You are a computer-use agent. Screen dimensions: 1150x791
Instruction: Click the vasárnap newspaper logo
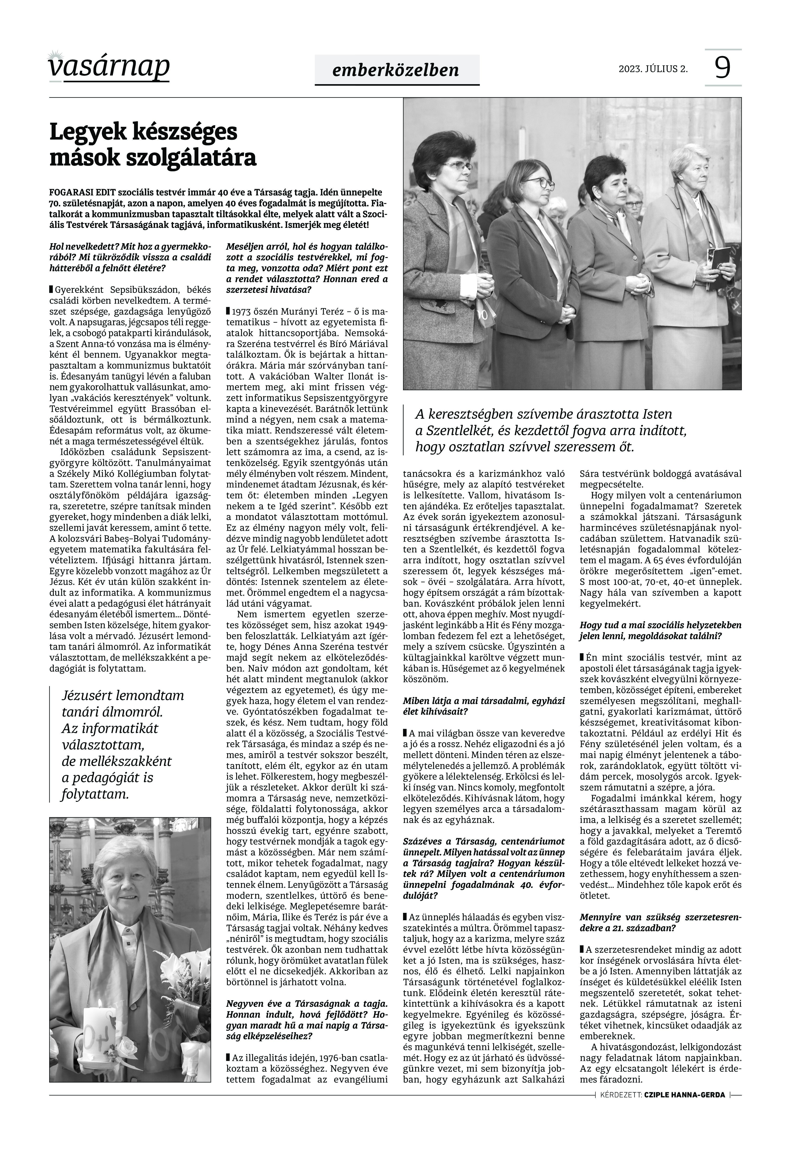point(109,67)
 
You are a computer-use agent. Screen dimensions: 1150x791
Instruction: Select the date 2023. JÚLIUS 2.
point(653,69)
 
